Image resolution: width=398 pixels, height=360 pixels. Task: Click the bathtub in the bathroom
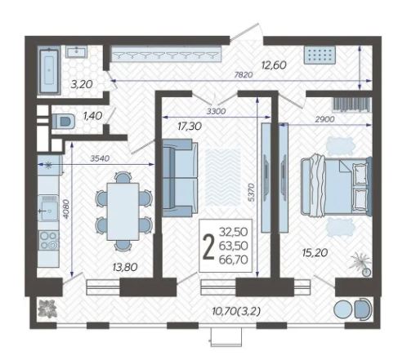coord(49,70)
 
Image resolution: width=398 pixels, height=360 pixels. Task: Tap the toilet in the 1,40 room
coord(64,122)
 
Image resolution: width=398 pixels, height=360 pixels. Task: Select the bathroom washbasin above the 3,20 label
coord(76,51)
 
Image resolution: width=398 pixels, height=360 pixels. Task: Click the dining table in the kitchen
coord(123,211)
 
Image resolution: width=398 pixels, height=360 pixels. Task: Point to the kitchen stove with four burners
coord(48,240)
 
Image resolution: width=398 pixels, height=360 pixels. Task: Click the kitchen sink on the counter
coord(48,207)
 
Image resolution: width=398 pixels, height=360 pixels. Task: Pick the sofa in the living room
coord(180,178)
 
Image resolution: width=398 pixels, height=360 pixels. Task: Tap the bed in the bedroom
coord(336,187)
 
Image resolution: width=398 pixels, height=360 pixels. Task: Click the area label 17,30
coord(190,126)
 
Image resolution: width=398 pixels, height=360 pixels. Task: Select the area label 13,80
coord(125,267)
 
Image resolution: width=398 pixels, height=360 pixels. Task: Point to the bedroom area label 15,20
coord(315,253)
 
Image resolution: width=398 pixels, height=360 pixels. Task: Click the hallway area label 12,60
coord(274,65)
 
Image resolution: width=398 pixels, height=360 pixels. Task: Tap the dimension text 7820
coord(244,74)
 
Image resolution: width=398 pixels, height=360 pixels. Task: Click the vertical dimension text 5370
coord(251,193)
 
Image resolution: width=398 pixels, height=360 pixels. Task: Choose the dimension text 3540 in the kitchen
coord(100,158)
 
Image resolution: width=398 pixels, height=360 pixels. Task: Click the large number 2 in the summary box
coord(209,247)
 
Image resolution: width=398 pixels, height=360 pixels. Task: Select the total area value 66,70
coord(234,260)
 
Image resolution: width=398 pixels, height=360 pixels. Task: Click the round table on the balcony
coord(343,309)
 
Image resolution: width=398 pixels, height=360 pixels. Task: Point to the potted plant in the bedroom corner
coord(362,264)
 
